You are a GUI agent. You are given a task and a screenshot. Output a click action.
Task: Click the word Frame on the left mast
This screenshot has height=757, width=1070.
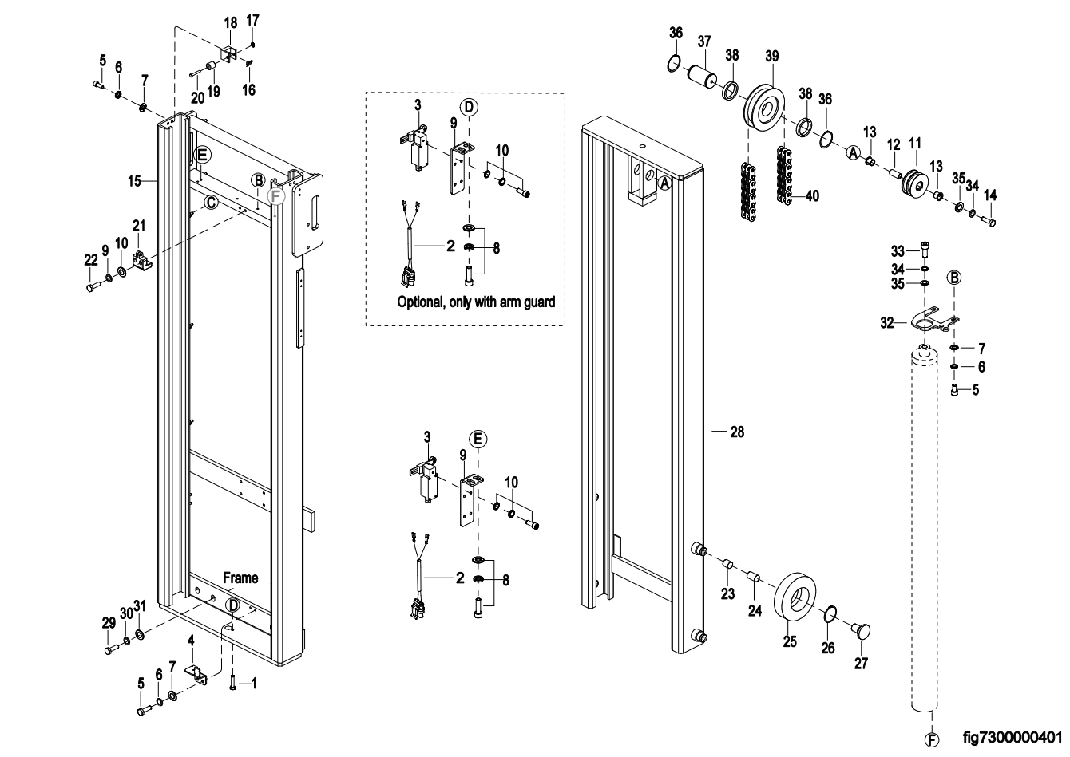tap(240, 578)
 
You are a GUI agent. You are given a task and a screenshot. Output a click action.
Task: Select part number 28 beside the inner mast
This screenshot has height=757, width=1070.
tap(736, 432)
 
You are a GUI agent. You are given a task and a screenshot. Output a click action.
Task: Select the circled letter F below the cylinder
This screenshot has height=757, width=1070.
tap(930, 739)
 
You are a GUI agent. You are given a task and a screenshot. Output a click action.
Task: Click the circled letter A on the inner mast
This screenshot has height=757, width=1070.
tap(664, 182)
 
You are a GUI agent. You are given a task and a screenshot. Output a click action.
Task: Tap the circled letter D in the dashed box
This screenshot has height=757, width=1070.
tap(469, 106)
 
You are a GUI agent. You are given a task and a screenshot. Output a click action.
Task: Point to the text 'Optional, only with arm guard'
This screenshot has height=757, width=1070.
tap(476, 303)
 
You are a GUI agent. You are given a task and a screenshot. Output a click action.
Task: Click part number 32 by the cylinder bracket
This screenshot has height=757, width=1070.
tap(886, 322)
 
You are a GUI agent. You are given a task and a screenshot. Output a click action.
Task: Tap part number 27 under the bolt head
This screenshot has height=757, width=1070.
tap(861, 663)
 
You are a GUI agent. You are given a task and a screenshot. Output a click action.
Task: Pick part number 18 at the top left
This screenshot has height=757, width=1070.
tap(230, 23)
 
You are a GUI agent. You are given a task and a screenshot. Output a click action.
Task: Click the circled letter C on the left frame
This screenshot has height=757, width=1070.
tap(209, 203)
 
